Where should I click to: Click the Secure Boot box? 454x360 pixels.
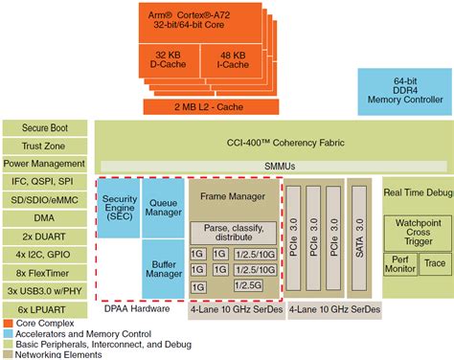pyautogui.click(x=45, y=126)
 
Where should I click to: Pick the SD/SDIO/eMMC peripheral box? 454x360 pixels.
pyautogui.click(x=45, y=199)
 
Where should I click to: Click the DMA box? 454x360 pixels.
pyautogui.click(x=45, y=217)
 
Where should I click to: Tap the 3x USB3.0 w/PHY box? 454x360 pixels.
pyautogui.click(x=45, y=290)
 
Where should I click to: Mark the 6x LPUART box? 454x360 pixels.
pyautogui.click(x=45, y=308)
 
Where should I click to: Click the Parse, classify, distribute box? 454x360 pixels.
pyautogui.click(x=234, y=233)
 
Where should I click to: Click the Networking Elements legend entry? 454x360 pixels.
pyautogui.click(x=54, y=352)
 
